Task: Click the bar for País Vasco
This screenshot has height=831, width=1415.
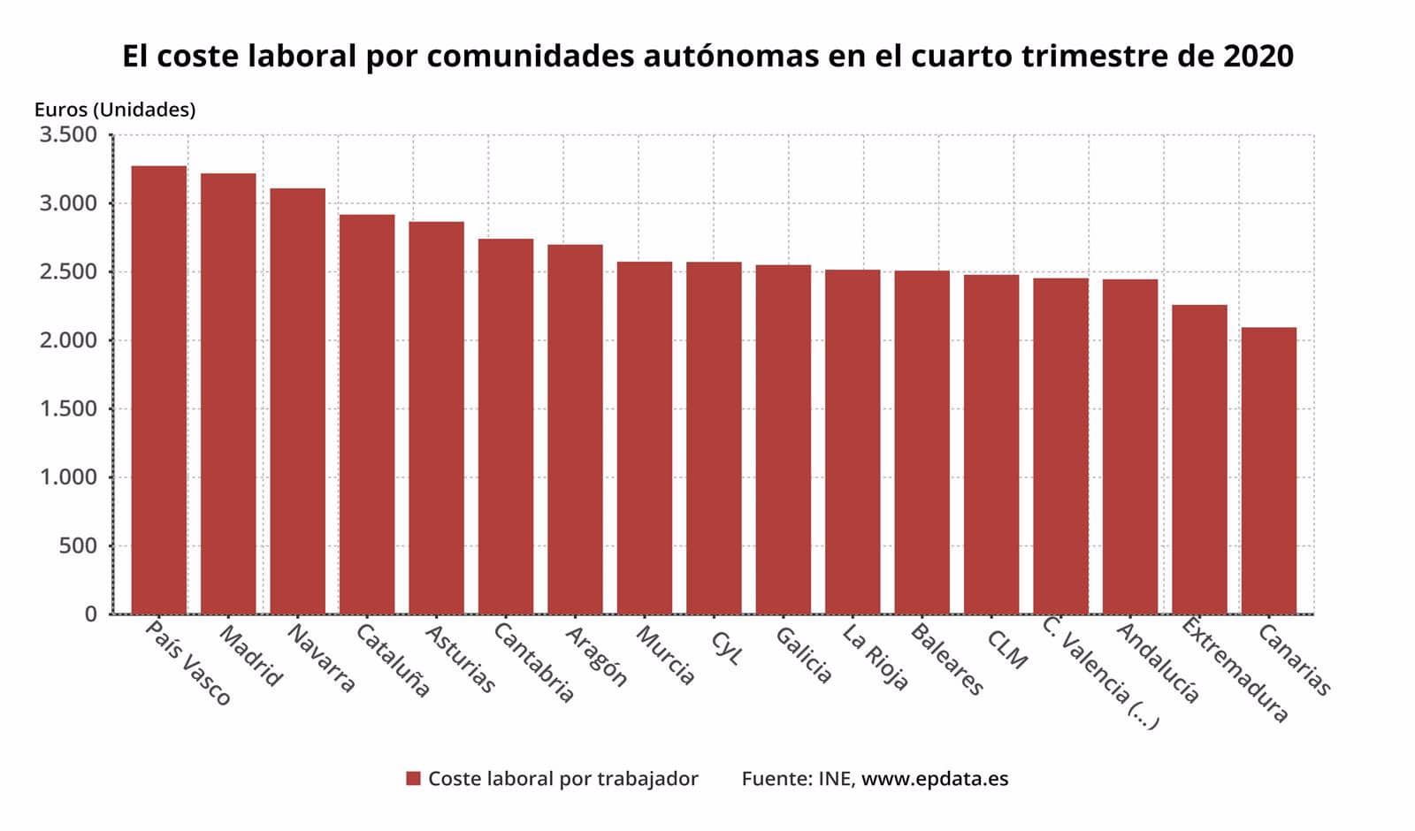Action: click(159, 389)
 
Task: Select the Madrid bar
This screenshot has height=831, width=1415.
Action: click(228, 393)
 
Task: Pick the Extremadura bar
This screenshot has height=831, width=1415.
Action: click(1199, 460)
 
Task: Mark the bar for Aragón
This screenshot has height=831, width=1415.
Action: click(575, 429)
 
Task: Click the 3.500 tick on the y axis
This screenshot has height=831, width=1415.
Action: click(67, 135)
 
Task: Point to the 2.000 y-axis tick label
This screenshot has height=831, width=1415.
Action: click(67, 340)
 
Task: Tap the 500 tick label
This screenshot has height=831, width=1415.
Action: click(78, 545)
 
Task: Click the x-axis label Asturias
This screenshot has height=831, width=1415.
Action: click(460, 659)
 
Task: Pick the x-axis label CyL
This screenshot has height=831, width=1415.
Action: click(726, 646)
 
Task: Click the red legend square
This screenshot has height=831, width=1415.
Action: click(413, 779)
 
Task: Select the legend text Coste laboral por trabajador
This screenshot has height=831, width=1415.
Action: click(563, 779)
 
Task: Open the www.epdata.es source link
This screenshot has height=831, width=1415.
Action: click(935, 779)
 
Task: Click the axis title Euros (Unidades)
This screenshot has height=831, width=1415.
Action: click(115, 110)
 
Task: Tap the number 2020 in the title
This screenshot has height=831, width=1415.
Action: click(1258, 57)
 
